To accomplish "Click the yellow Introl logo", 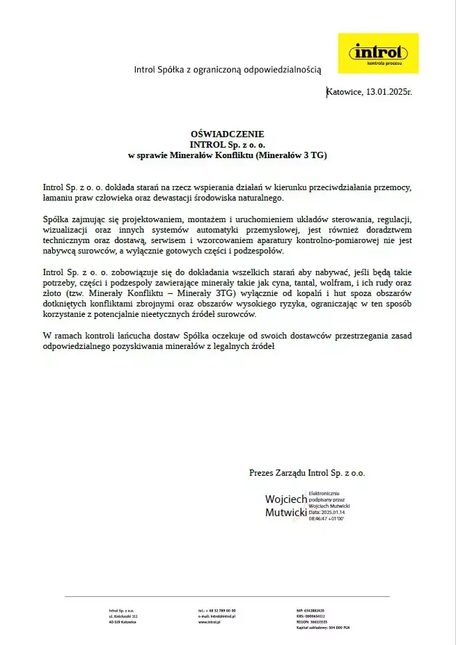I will pyautogui.click(x=378, y=53).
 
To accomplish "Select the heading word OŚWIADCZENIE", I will pyautogui.click(x=228, y=134).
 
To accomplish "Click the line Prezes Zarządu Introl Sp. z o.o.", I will pyautogui.click(x=307, y=473).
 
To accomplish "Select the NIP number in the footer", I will pyautogui.click(x=310, y=611).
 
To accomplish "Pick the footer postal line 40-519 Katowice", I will pyautogui.click(x=123, y=622).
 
